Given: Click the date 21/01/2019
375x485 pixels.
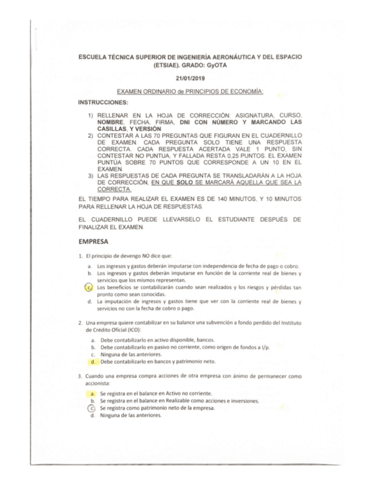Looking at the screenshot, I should click(x=190, y=78).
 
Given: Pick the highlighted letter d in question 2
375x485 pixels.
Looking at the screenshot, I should click(x=92, y=362).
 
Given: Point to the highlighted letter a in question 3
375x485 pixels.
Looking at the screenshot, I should click(x=92, y=393).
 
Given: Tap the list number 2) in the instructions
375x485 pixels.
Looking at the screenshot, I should click(x=90, y=135).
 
